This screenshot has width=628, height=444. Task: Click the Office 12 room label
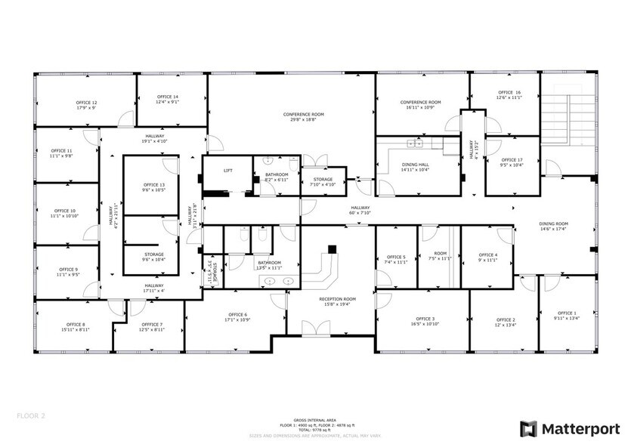click(x=86, y=102)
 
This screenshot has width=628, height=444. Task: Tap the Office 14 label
click(x=168, y=97)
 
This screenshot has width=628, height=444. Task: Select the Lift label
click(x=227, y=171)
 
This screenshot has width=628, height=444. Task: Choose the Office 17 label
click(x=512, y=159)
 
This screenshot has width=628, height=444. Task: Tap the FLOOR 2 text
click(x=32, y=415)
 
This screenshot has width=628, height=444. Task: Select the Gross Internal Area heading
click(x=314, y=419)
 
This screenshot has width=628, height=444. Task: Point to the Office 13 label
click(x=154, y=185)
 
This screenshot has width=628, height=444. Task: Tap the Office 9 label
click(x=67, y=270)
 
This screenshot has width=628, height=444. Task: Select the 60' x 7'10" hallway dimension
click(x=360, y=213)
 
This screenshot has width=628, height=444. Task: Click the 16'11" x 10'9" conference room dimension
click(x=420, y=107)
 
